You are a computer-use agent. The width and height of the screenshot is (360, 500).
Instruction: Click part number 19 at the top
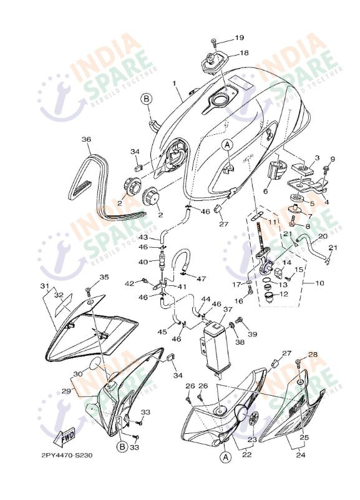point(240,39)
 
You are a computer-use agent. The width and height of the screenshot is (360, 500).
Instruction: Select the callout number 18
point(244,53)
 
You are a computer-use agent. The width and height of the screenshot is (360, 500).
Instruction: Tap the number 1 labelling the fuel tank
point(175,83)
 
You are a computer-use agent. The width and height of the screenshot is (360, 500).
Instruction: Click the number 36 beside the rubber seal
point(86,139)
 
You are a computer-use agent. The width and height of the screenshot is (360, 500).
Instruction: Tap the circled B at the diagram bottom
point(122,447)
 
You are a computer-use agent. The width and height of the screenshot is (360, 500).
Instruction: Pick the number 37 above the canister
point(228,309)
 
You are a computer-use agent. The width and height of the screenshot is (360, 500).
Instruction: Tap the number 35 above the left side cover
point(103,277)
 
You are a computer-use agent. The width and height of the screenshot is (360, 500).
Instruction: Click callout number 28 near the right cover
point(313,355)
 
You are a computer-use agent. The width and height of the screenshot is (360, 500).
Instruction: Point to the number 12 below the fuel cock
point(283,295)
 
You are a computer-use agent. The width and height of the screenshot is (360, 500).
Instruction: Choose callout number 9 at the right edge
point(333,159)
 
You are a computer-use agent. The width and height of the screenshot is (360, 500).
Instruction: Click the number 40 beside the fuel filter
point(143,262)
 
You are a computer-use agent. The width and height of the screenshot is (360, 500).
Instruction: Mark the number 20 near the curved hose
point(323,237)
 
